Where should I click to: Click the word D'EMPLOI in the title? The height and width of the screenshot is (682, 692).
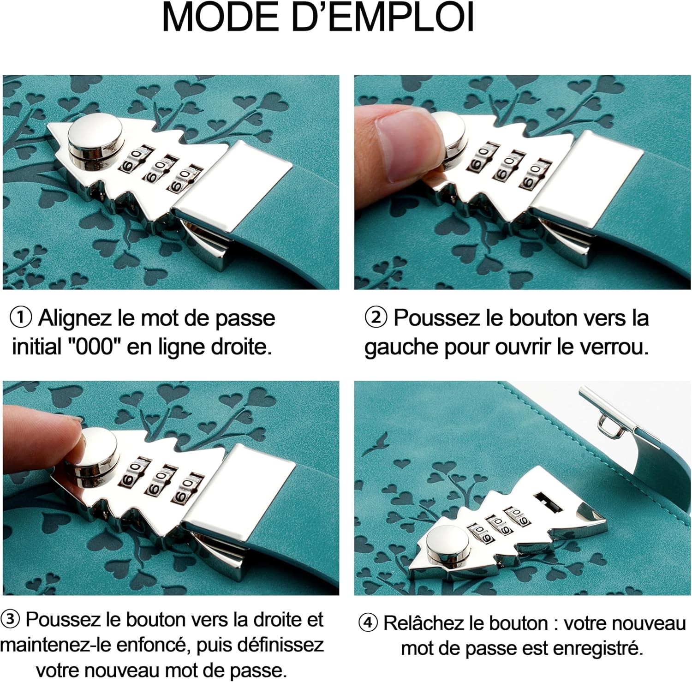tap(389, 18)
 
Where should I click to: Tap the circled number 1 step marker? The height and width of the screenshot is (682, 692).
tap(21, 318)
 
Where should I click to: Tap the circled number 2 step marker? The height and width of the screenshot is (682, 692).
tap(376, 318)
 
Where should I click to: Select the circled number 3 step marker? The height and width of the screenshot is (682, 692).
tap(11, 620)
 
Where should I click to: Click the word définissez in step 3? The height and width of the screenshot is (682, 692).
tap(269, 645)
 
